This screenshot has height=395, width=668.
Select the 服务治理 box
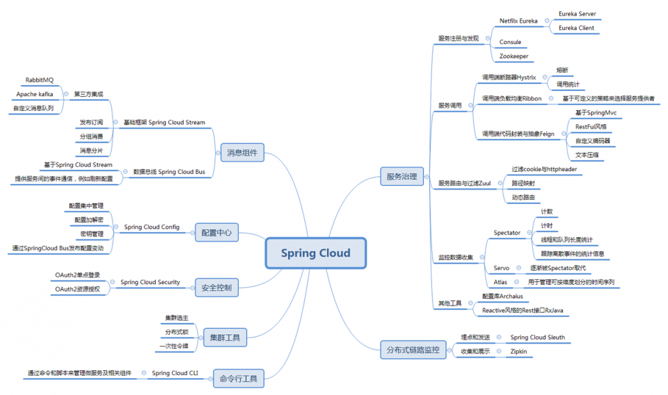coord(401,176)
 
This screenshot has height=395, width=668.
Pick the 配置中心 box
coord(217,233)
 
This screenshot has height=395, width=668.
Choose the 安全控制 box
coord(217,288)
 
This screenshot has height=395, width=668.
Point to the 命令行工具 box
coord(238,379)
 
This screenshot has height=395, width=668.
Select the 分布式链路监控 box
coord(413,349)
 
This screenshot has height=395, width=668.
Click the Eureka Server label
coord(577,14)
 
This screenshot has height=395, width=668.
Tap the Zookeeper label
coord(514,56)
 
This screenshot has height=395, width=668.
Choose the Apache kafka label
coord(35,94)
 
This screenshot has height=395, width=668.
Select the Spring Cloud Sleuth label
coord(538,338)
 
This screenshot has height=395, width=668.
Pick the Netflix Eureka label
coord(518,21)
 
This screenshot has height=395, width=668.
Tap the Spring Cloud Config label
coord(152,227)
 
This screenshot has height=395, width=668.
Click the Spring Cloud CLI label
coord(175,373)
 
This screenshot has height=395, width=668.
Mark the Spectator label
coord(507,233)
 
